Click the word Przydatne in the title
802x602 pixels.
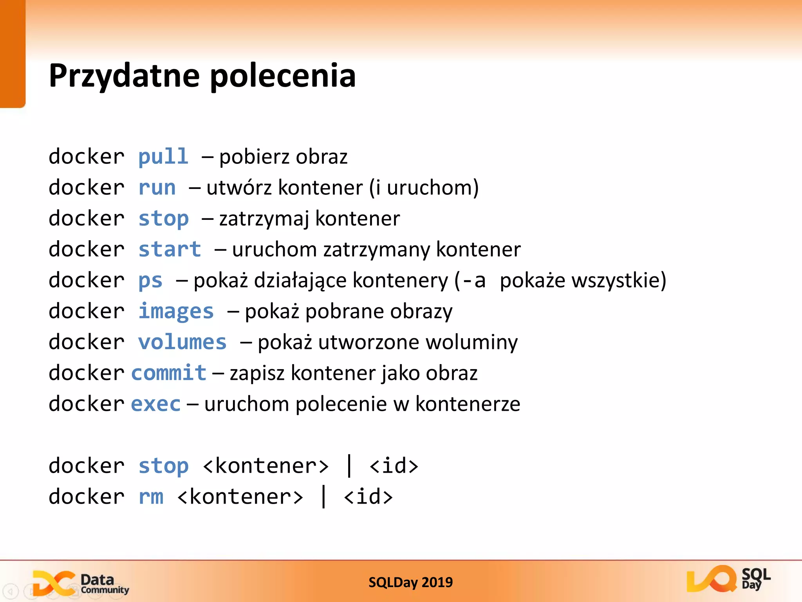click(x=124, y=76)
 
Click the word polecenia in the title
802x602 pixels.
click(x=283, y=76)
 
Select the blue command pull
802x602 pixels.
click(x=163, y=157)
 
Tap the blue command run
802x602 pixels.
click(x=157, y=188)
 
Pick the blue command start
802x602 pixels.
click(x=170, y=250)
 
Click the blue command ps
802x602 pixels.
click(x=150, y=281)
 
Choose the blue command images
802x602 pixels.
click(x=176, y=312)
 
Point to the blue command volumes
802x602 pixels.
click(x=182, y=342)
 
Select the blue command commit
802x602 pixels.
click(x=169, y=373)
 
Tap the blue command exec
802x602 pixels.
click(x=156, y=404)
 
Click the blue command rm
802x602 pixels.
click(x=151, y=497)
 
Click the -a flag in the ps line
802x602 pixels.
click(x=474, y=281)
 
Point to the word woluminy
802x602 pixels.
click(x=471, y=342)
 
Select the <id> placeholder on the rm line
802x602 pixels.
click(x=368, y=497)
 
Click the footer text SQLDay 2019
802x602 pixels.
click(x=410, y=582)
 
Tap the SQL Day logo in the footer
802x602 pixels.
click(x=728, y=579)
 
